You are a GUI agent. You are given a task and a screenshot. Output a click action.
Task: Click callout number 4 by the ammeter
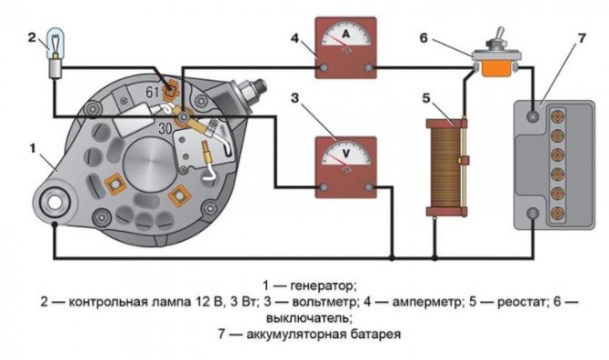[x=294, y=38]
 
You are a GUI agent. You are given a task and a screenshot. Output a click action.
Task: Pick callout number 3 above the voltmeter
[x=295, y=95]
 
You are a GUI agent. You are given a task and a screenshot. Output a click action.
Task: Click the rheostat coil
[x=445, y=169]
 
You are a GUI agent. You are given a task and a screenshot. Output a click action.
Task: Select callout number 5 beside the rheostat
[x=425, y=97]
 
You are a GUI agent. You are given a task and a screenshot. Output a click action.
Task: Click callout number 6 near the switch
[x=448, y=38]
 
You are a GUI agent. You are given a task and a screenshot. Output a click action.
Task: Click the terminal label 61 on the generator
[x=152, y=92]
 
